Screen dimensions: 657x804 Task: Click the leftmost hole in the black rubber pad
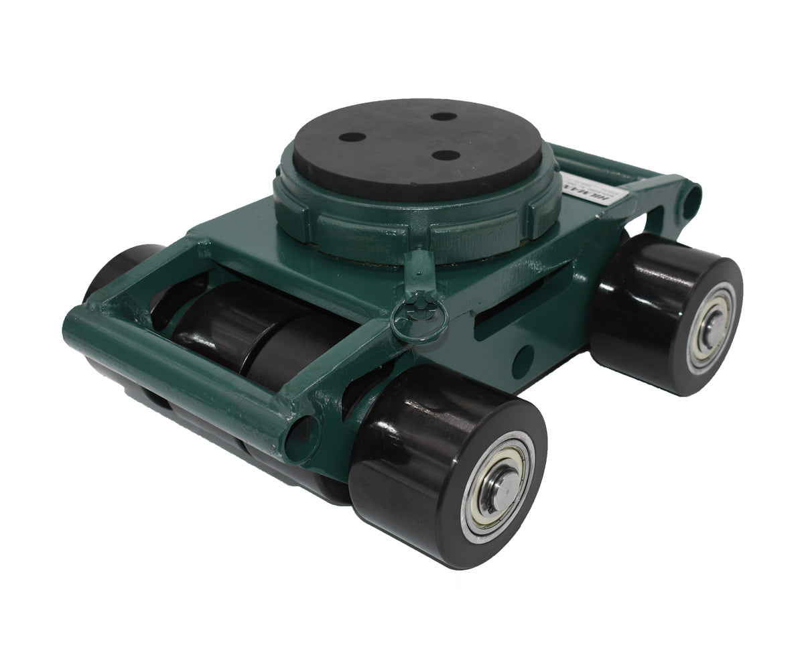point(352,137)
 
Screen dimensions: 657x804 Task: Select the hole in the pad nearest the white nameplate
point(446,155)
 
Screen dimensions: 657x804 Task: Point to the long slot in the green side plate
point(509,308)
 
